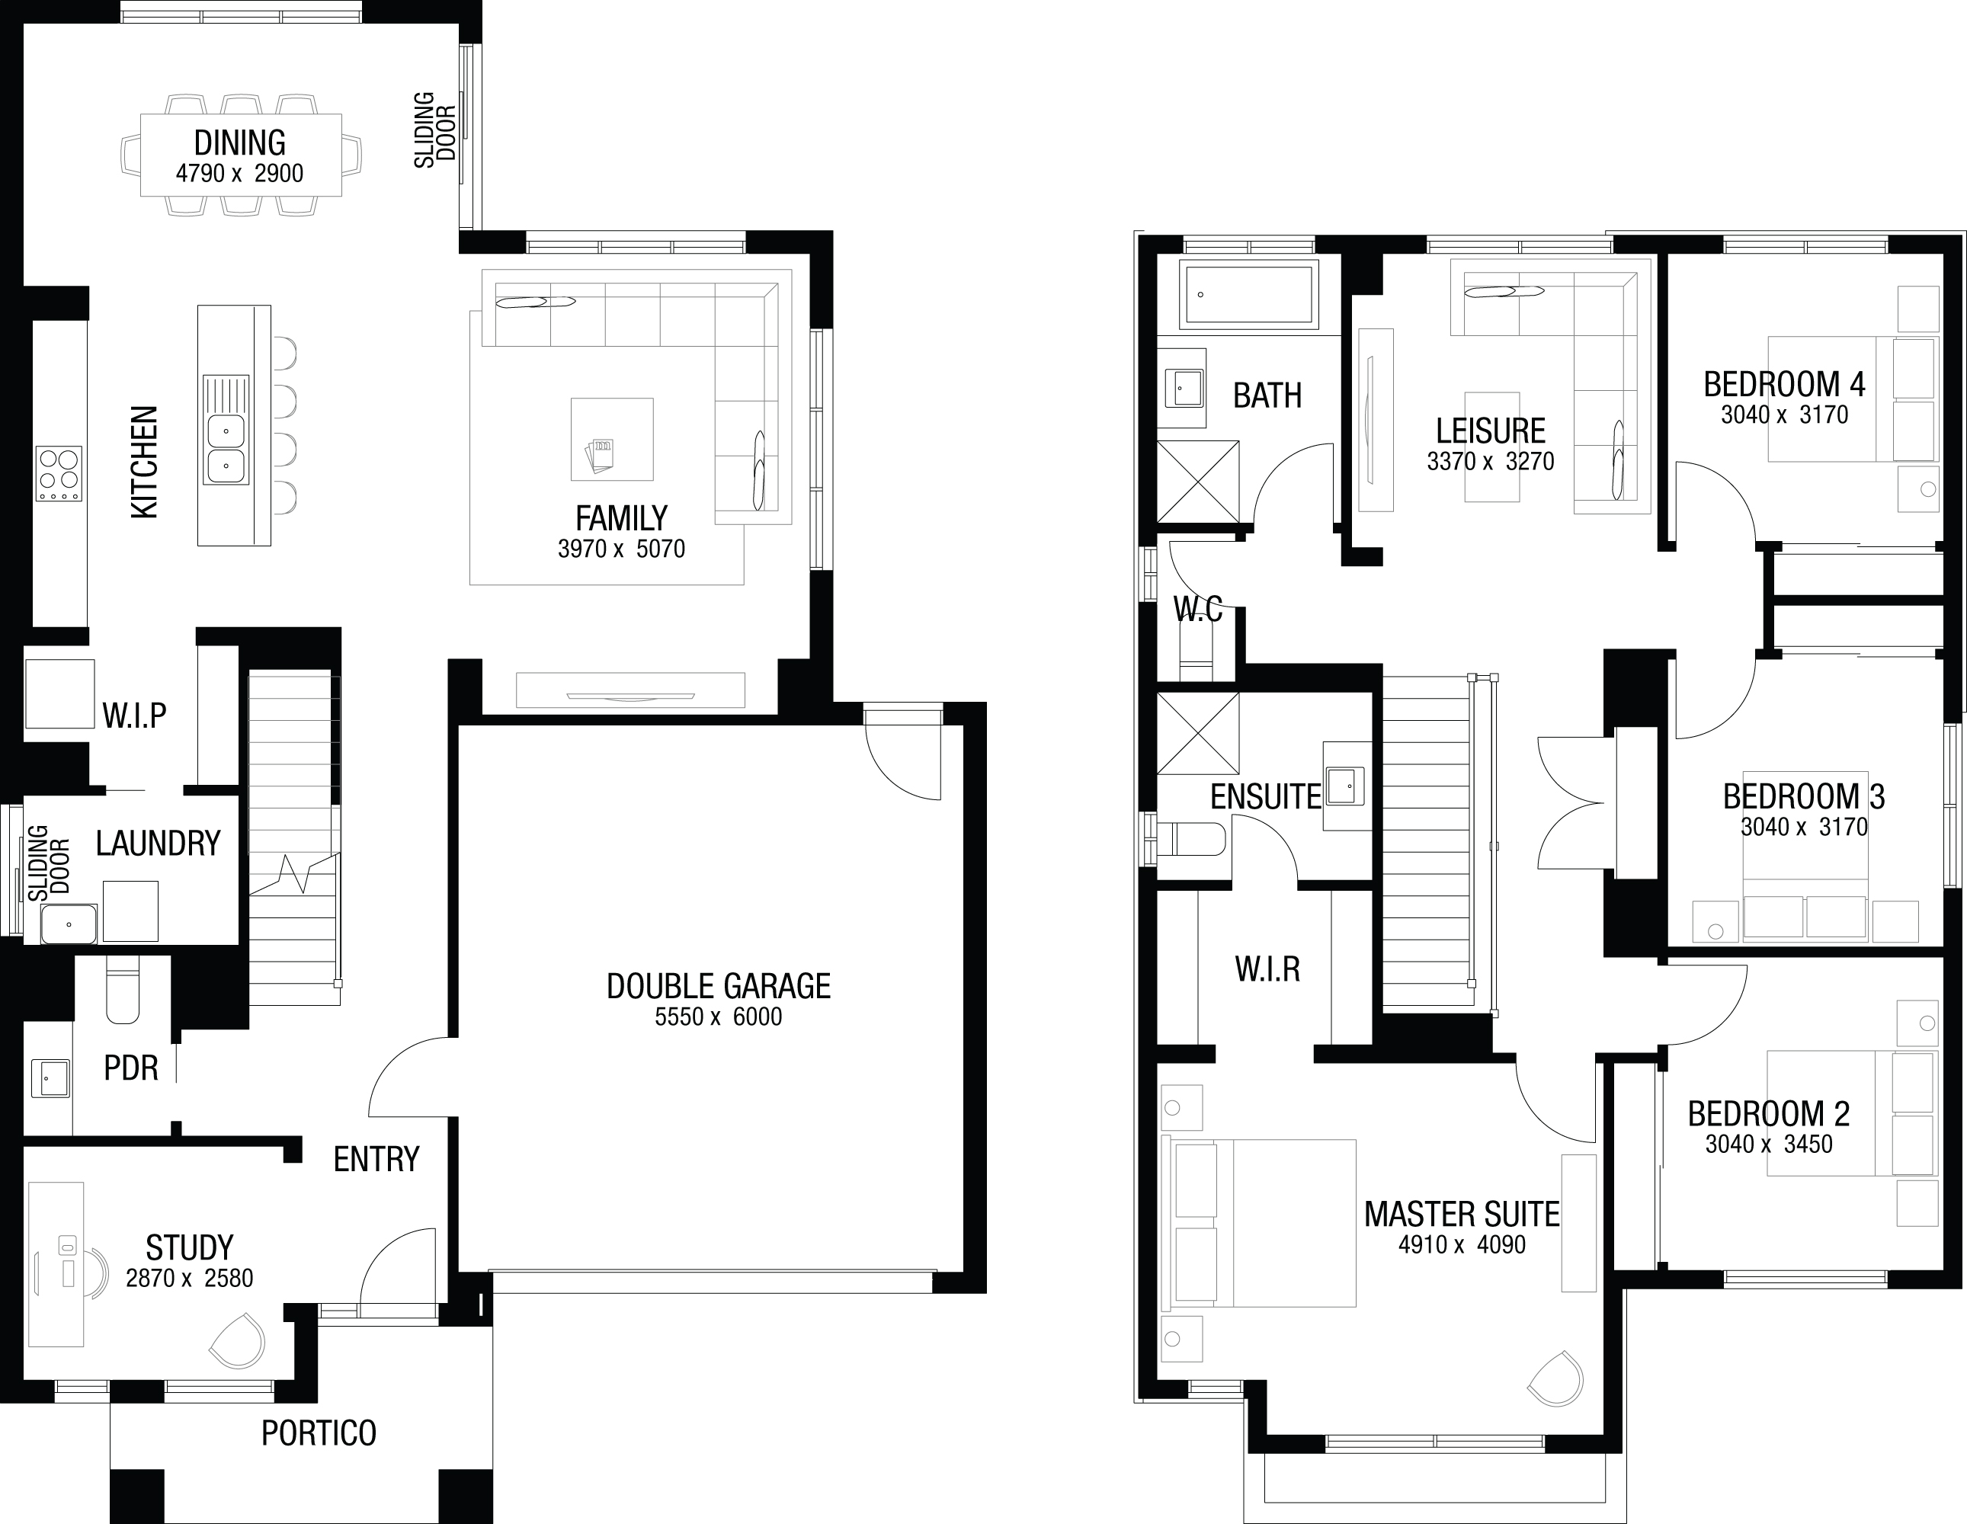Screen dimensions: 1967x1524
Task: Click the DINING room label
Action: tap(239, 142)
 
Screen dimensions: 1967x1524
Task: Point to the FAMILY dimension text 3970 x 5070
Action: tap(621, 549)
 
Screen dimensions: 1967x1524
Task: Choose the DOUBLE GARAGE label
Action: tap(718, 986)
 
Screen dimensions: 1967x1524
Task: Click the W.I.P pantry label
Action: tap(134, 716)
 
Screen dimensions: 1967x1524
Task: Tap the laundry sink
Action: tap(69, 924)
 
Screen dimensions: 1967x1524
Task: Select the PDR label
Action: tap(130, 1068)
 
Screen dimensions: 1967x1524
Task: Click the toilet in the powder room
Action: tap(123, 989)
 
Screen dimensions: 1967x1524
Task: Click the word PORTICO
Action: tap(319, 1433)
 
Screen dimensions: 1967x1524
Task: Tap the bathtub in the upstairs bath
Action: tap(1248, 293)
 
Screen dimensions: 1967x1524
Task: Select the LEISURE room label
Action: tap(1491, 431)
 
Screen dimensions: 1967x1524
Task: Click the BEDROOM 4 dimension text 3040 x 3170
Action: tap(1784, 415)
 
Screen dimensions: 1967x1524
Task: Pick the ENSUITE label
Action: tap(1265, 796)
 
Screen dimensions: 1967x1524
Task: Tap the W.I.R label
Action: tap(1267, 969)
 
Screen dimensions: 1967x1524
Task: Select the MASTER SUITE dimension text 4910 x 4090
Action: tap(1462, 1245)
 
